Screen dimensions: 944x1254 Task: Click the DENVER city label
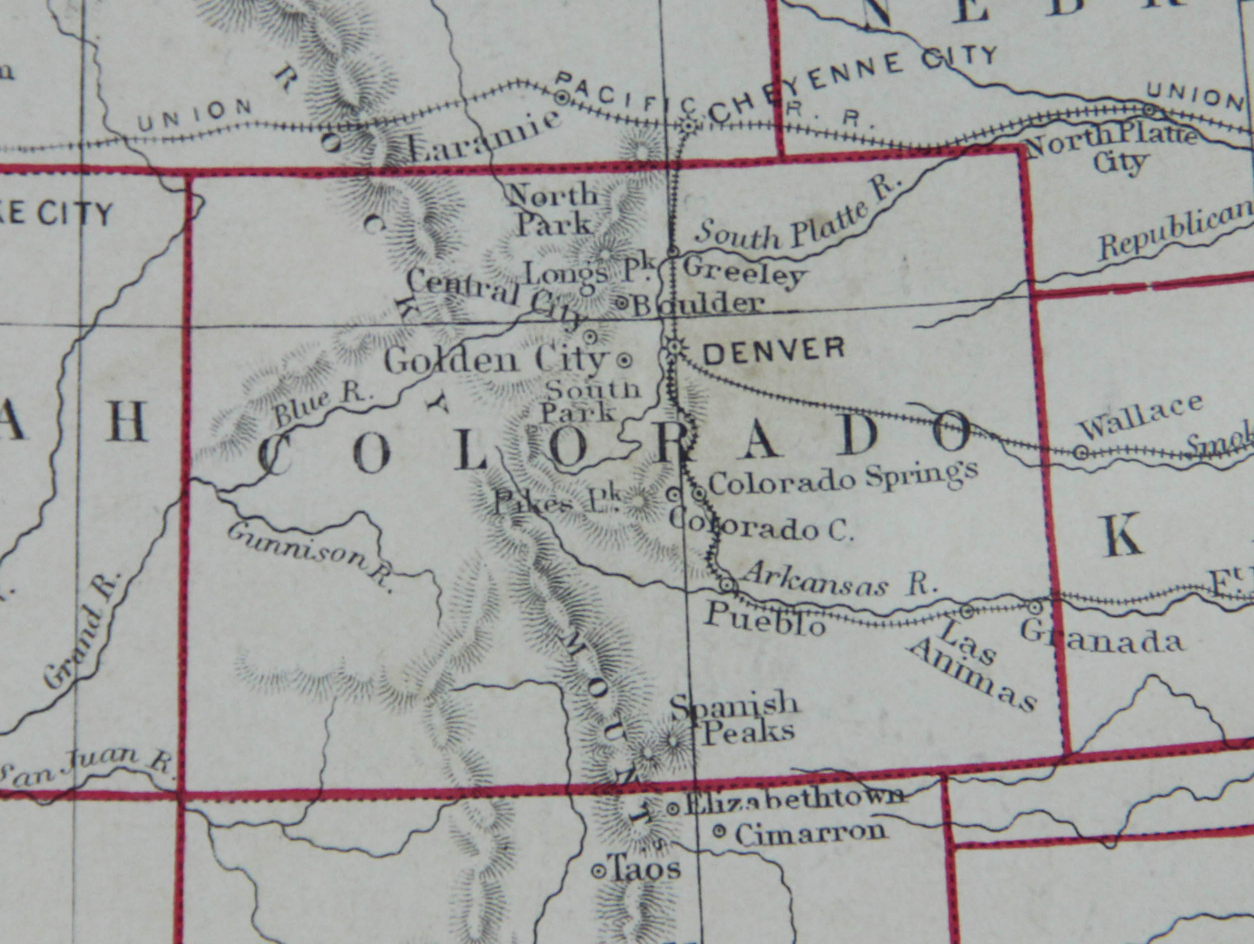[x=774, y=350]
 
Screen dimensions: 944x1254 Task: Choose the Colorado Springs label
[x=844, y=477]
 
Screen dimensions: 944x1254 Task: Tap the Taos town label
[x=645, y=869]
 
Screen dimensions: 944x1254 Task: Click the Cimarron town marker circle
[x=719, y=832]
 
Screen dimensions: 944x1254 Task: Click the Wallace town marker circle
[x=1081, y=452]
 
